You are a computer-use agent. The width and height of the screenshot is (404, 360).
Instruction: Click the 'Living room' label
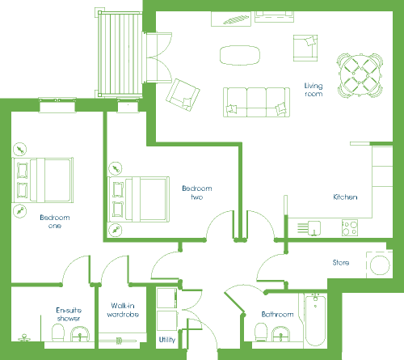click(x=314, y=90)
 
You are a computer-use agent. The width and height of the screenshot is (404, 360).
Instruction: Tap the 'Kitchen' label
click(x=345, y=197)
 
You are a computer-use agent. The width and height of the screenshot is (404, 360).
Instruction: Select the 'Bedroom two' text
click(x=197, y=193)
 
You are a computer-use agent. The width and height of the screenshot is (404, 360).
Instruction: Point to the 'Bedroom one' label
click(x=55, y=222)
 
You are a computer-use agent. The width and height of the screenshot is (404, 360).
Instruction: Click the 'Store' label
click(x=341, y=262)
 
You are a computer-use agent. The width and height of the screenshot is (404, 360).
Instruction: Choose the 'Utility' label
click(x=167, y=340)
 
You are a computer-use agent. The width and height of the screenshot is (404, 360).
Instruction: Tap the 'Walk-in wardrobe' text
click(x=123, y=310)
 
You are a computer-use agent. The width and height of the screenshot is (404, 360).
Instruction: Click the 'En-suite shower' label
click(x=69, y=315)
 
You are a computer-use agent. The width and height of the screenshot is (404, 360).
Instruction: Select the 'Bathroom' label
click(x=277, y=315)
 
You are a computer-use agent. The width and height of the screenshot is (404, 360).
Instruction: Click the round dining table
click(x=360, y=75)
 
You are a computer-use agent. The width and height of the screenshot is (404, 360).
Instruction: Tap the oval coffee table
click(x=240, y=55)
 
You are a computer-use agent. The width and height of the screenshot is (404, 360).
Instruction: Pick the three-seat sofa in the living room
click(x=256, y=102)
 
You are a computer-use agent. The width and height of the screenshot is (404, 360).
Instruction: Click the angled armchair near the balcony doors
click(x=183, y=95)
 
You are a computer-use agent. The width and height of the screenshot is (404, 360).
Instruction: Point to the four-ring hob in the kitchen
click(x=350, y=228)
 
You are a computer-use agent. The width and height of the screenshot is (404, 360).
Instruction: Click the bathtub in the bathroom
click(x=315, y=320)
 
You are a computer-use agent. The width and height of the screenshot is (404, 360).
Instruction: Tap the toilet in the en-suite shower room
click(x=57, y=332)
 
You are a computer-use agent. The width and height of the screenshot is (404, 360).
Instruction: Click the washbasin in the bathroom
click(x=281, y=334)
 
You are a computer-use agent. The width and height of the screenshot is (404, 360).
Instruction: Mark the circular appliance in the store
click(x=380, y=265)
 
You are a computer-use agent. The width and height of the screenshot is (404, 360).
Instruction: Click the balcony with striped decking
click(x=120, y=54)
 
